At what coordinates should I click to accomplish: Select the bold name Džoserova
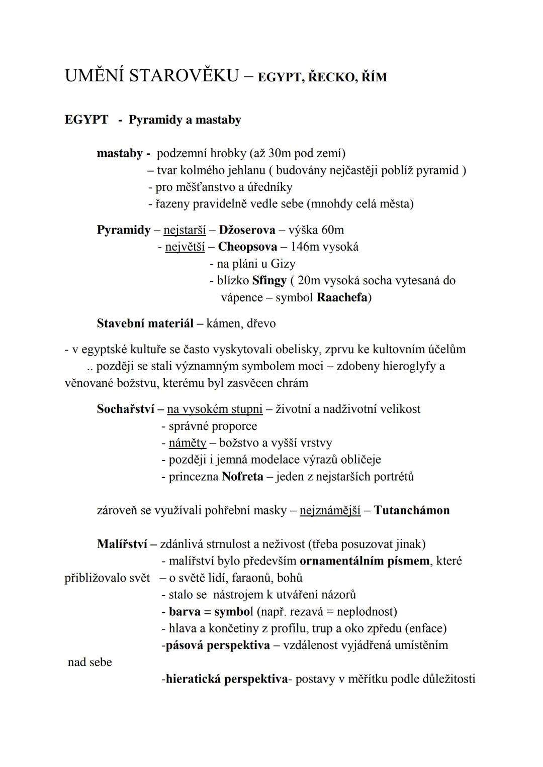(247, 230)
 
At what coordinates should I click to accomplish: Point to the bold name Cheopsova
(247, 247)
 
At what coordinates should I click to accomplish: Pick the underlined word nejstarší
(185, 230)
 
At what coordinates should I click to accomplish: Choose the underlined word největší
(185, 247)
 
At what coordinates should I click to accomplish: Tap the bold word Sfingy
(269, 280)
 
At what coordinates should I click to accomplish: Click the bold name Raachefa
(342, 297)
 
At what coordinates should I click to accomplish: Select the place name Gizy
(283, 264)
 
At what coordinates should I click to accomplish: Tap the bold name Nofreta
(242, 476)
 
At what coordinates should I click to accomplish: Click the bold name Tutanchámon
(412, 510)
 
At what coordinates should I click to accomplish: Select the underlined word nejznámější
(330, 510)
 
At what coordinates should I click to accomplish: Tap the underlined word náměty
(188, 443)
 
